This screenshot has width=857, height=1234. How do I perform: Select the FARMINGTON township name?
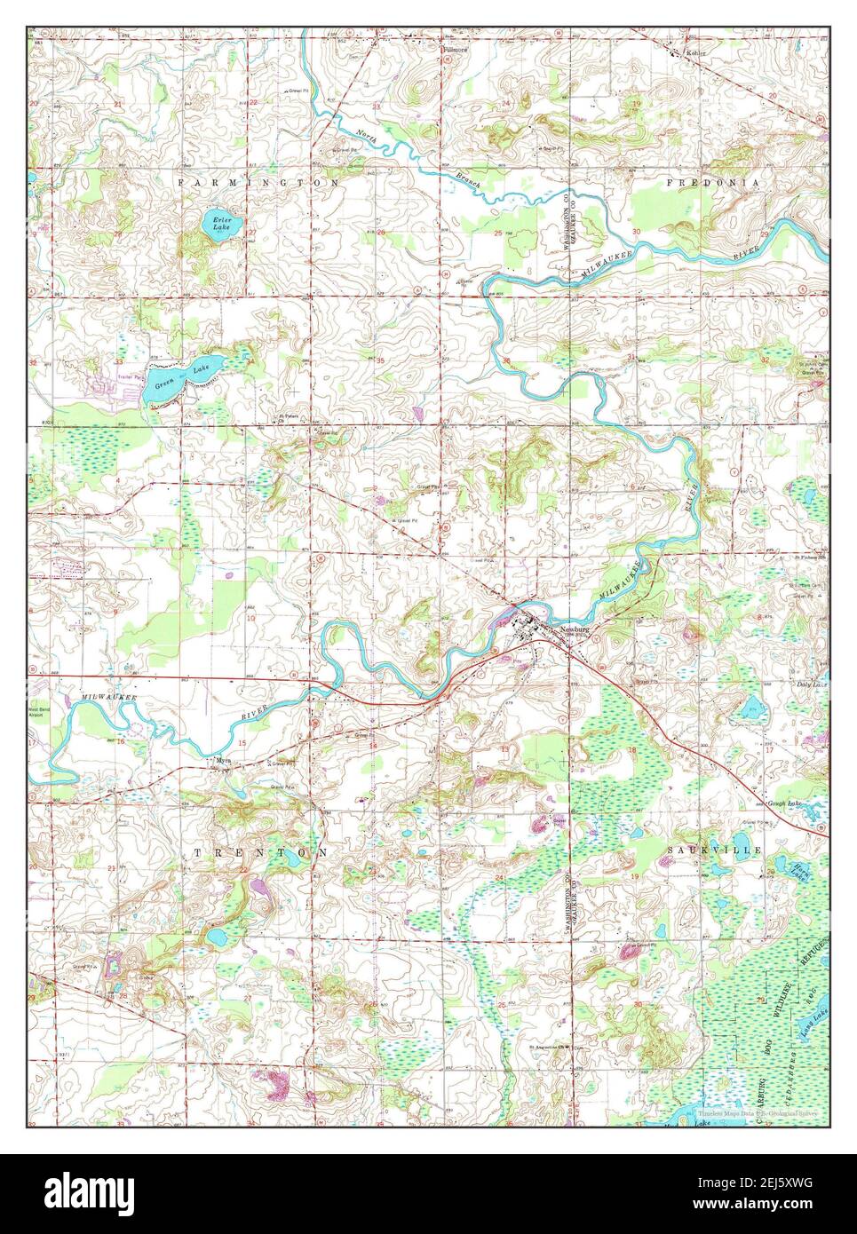click(x=258, y=182)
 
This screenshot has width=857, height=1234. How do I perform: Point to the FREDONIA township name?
click(x=713, y=182)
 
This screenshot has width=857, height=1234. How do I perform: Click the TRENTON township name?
click(x=260, y=851)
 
